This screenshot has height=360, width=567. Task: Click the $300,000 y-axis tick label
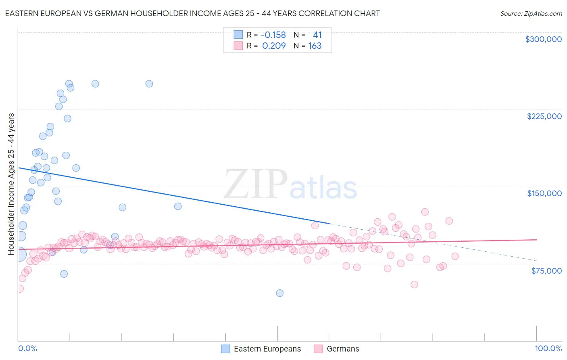[x=543, y=39]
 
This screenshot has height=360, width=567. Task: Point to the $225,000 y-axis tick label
[x=544, y=116]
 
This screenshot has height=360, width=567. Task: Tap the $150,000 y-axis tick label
[x=544, y=193]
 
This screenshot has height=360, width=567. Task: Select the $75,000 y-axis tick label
[x=546, y=271]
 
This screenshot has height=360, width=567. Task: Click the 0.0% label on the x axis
[x=27, y=348]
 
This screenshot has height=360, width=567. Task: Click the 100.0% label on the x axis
[x=548, y=348]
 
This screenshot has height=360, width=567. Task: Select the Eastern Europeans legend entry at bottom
[x=267, y=349]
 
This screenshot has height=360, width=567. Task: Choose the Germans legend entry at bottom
[x=342, y=349]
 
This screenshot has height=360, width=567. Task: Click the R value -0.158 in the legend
[x=273, y=35]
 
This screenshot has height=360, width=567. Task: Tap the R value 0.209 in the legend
[x=274, y=46]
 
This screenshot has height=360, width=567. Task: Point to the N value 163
[x=315, y=46]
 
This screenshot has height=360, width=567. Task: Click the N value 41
[x=317, y=35]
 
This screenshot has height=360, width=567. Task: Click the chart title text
[x=192, y=13]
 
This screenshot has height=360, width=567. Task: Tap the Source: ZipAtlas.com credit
[x=531, y=13]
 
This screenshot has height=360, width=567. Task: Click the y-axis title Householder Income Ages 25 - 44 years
[x=11, y=184]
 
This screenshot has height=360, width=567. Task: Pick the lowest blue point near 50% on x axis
[x=279, y=293]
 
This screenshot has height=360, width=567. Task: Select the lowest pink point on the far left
[x=19, y=289]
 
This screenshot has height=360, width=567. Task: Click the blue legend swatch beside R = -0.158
[x=238, y=35]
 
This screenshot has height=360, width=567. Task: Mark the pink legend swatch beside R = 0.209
[x=238, y=46]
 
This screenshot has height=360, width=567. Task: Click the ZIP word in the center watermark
[x=256, y=184]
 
